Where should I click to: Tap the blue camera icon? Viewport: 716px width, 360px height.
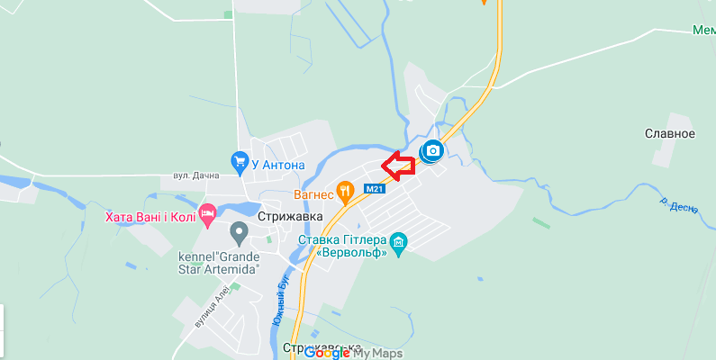[x=432, y=150]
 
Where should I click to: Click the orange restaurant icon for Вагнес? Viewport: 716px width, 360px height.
[x=344, y=191]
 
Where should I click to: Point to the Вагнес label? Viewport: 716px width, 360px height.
[x=313, y=193]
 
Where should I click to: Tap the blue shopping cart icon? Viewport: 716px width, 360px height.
[x=240, y=163]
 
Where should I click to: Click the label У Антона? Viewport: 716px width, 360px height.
[x=278, y=165]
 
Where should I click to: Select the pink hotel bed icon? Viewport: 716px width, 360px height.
[x=208, y=215]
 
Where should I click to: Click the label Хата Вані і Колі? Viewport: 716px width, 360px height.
[x=150, y=216]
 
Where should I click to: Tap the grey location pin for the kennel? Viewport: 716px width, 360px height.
[x=240, y=233]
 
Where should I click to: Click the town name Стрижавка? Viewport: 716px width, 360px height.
[x=289, y=217]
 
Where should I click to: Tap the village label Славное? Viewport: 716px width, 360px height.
[x=670, y=134]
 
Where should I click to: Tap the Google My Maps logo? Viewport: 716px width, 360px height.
[x=353, y=353]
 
